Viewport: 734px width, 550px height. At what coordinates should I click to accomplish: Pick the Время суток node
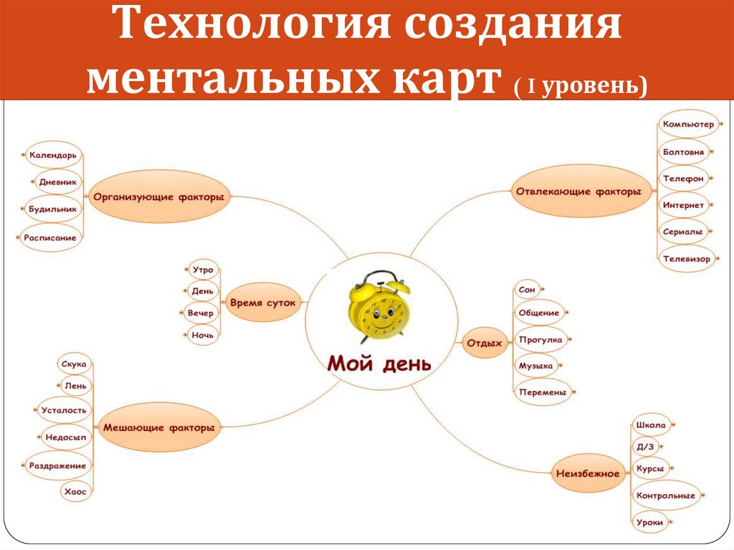click(263, 303)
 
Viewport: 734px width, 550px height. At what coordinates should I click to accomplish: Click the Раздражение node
click(57, 465)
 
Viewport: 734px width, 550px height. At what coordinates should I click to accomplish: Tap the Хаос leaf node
click(75, 492)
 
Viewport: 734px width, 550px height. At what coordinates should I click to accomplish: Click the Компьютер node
click(688, 125)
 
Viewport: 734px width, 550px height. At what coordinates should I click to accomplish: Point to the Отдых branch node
click(485, 343)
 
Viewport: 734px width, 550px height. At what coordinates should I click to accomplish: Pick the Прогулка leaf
click(541, 340)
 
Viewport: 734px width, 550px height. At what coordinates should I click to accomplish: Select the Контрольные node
click(666, 495)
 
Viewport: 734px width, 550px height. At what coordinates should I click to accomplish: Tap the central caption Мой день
click(379, 363)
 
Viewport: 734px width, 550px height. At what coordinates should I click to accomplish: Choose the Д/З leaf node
click(645, 446)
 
